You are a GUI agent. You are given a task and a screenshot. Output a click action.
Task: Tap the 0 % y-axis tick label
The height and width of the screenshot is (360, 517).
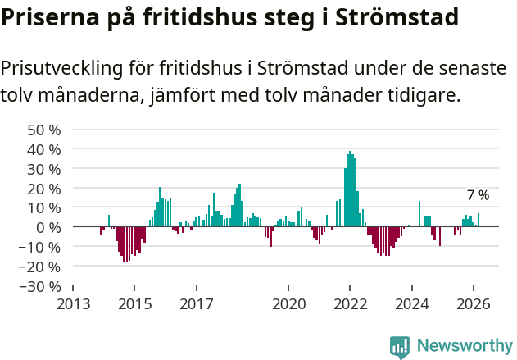48,227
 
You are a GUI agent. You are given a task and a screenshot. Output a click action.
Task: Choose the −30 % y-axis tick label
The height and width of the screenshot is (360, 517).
40,286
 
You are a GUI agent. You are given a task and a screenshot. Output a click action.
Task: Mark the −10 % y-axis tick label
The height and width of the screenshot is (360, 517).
40,247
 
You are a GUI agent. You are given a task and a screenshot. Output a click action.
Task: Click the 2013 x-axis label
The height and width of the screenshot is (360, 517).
73,304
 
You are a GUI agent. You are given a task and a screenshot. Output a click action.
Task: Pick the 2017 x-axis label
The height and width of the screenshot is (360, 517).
196,304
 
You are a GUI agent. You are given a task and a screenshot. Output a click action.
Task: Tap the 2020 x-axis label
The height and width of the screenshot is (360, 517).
288,304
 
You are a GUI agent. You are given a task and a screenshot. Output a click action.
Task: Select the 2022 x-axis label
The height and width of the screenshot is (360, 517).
350,304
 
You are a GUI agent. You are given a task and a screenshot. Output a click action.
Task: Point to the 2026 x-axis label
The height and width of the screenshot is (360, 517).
474,304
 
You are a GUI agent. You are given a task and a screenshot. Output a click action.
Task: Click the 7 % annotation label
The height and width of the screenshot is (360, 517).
478,195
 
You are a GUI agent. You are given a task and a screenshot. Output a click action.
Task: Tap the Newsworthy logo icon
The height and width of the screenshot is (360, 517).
400,347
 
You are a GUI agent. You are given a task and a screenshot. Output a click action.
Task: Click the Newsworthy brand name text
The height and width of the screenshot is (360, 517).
465,346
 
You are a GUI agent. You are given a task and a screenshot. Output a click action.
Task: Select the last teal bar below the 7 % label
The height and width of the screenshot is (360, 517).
478,220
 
